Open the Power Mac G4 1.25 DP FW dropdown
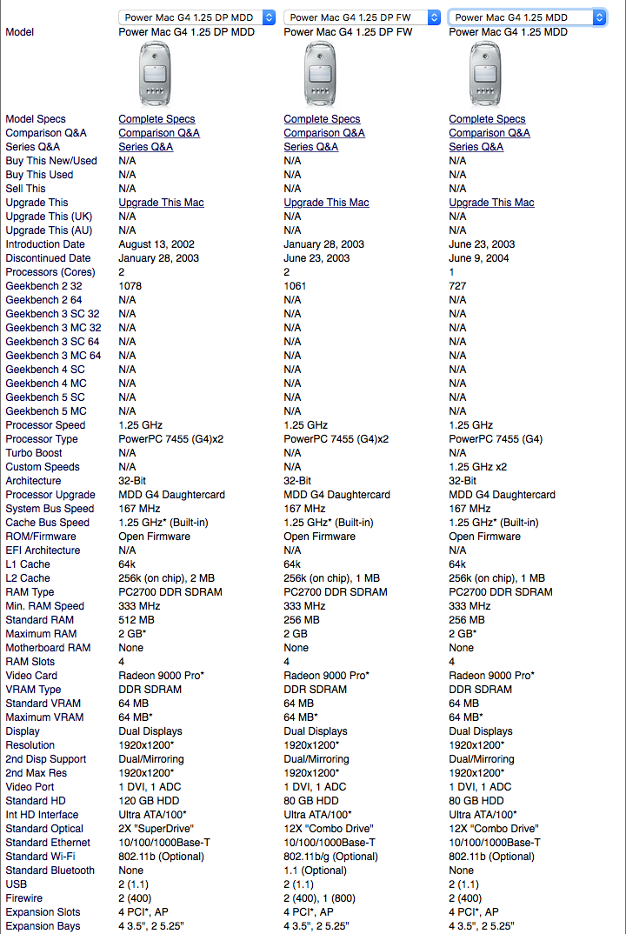tap(362, 17)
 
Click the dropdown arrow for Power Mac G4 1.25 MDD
tap(599, 17)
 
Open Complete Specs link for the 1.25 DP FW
tap(322, 119)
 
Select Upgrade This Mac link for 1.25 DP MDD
tap(161, 203)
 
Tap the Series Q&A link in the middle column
tap(310, 147)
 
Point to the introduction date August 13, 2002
tap(156, 244)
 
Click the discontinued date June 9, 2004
tap(479, 258)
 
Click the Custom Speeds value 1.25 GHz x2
tap(483, 467)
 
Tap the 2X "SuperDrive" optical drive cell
tap(156, 829)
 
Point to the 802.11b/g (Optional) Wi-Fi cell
tap(330, 857)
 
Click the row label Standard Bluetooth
tap(50, 871)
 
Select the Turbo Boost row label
tap(34, 453)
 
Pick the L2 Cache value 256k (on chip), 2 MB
tap(171, 578)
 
